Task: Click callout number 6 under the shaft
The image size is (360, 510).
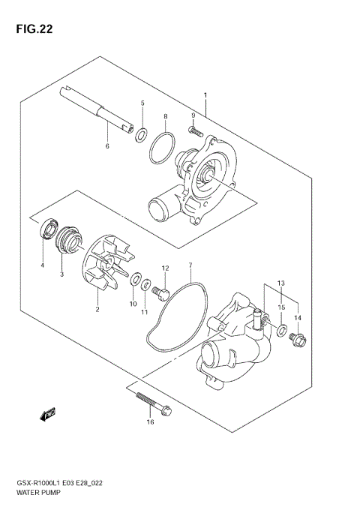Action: (x=107, y=145)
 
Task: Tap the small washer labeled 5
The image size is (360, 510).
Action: (x=140, y=134)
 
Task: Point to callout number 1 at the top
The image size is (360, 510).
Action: (x=205, y=94)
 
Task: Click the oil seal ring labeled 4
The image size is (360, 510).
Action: (x=49, y=226)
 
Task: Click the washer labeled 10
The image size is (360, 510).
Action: (x=136, y=280)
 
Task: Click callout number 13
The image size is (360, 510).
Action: (x=281, y=283)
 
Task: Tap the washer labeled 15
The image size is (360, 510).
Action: (x=280, y=331)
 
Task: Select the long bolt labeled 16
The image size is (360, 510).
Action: (x=154, y=404)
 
